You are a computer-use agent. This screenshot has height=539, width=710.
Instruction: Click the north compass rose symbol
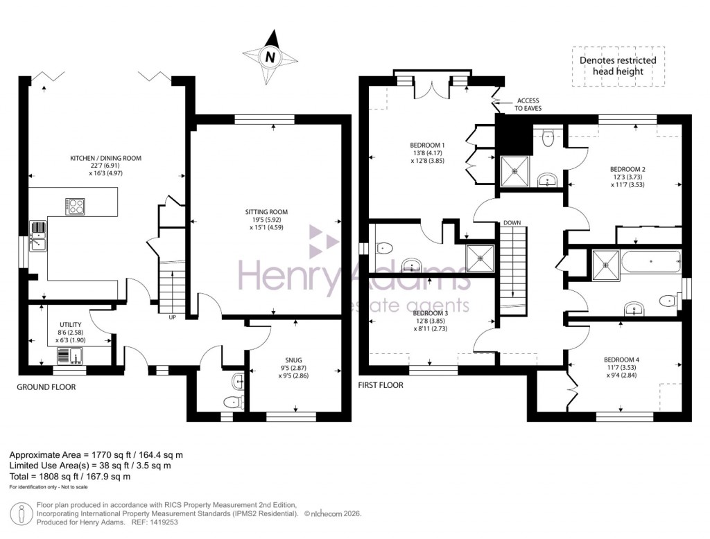(271, 56)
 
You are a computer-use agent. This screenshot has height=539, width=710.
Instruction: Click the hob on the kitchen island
(76, 204)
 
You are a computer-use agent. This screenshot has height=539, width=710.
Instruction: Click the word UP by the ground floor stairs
(172, 318)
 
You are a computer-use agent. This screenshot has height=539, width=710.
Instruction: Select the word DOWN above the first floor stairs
(512, 223)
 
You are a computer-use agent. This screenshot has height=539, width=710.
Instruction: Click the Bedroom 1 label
(426, 150)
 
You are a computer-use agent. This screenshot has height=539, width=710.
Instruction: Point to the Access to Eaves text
(526, 105)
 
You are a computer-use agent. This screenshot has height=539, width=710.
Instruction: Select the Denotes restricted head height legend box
(618, 67)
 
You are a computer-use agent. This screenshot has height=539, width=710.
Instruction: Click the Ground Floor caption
(46, 387)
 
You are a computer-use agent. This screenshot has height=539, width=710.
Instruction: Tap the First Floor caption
(381, 385)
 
